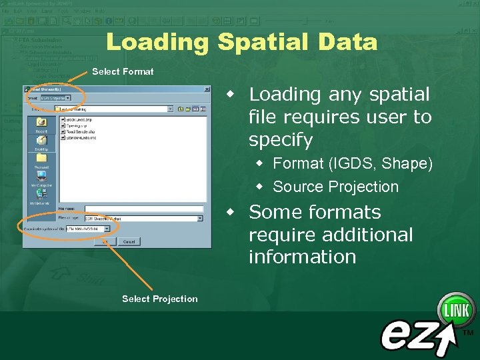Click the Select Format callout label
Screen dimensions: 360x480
click(x=123, y=71)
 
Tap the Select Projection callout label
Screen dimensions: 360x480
click(x=160, y=299)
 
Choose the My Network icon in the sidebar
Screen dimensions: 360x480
click(x=41, y=197)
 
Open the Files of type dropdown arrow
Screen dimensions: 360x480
click(x=199, y=218)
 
